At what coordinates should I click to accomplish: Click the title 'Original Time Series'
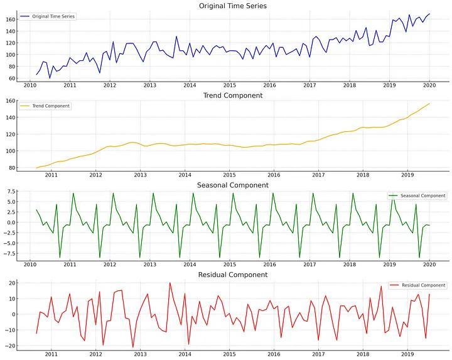232,6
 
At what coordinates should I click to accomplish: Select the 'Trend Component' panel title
232,95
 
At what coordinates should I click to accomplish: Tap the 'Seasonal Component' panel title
232,185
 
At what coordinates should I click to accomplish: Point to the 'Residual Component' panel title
232,275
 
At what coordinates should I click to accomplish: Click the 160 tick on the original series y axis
12,19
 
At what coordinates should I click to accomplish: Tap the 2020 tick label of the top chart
429,85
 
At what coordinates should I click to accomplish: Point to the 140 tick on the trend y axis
12,117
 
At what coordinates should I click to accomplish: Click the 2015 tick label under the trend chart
229,175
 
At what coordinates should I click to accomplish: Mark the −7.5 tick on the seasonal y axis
10,254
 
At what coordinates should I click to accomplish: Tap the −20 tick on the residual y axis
11,346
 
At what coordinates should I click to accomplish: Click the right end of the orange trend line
429,104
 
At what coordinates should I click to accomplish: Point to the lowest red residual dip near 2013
133,347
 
